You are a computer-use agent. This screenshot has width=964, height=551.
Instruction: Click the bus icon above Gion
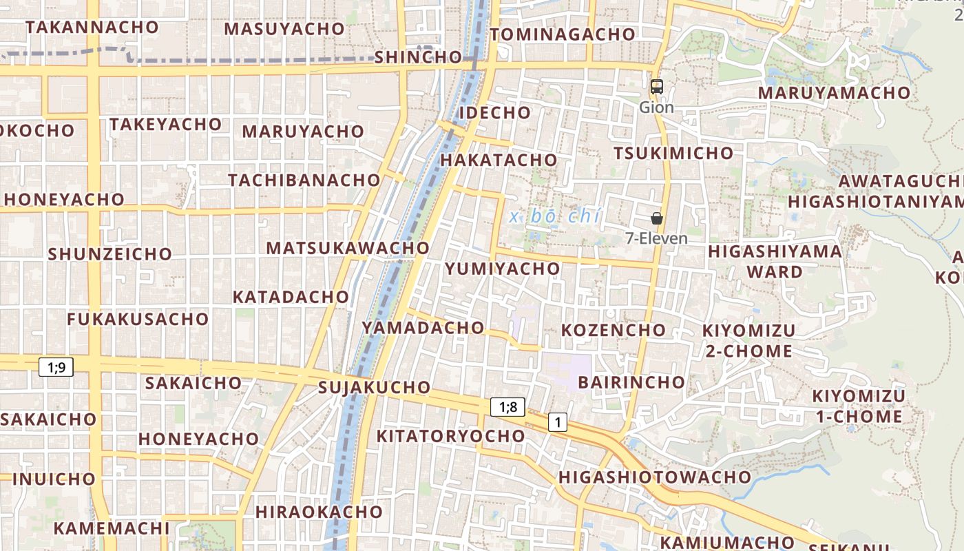[x=657, y=87]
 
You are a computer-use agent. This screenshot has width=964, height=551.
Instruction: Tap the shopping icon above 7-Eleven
[x=657, y=218]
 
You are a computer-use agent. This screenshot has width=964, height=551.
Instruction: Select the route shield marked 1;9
[x=56, y=367]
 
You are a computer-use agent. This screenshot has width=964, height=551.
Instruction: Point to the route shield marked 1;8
[x=508, y=407]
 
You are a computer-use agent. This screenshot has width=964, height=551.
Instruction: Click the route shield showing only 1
[x=558, y=422]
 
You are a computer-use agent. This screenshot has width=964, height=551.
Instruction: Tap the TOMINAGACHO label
[x=563, y=34]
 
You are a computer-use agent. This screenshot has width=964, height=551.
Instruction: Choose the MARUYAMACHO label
[x=834, y=92]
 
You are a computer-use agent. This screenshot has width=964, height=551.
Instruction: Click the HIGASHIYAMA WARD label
[x=775, y=261]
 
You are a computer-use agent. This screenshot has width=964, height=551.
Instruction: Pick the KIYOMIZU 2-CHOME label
[x=748, y=340]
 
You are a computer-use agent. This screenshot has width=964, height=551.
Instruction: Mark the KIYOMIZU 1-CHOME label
[x=859, y=406]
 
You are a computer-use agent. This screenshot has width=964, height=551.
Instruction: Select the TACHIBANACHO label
[x=304, y=180]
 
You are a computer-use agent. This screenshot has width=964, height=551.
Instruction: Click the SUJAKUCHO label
[x=375, y=388]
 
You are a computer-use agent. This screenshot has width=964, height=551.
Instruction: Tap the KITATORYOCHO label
[x=450, y=436]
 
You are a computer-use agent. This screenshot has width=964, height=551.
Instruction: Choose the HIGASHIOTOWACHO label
[x=654, y=477]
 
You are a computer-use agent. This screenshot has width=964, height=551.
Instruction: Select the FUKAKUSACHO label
[x=138, y=319]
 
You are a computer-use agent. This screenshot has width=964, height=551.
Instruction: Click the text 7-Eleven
[x=656, y=238]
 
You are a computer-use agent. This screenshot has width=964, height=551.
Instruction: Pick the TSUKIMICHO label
[x=673, y=153]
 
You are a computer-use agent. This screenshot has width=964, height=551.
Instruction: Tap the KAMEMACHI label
[x=111, y=528]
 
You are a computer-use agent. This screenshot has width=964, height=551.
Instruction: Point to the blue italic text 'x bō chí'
[x=556, y=216]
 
